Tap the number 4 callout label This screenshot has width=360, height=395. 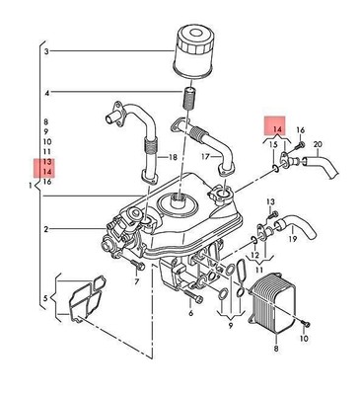(x=45, y=94)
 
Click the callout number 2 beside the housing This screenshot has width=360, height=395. (x=45, y=229)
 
